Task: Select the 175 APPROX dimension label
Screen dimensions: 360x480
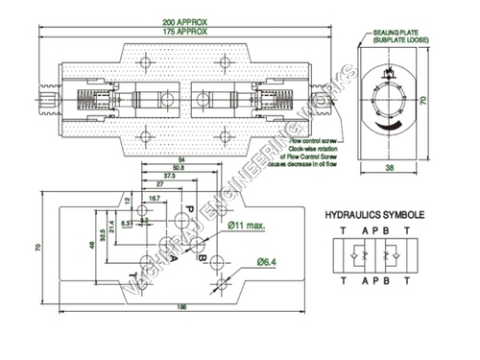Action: pos(186,31)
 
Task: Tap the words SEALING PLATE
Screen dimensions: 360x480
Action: pos(395,32)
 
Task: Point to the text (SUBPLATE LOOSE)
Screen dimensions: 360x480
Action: pos(399,39)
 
